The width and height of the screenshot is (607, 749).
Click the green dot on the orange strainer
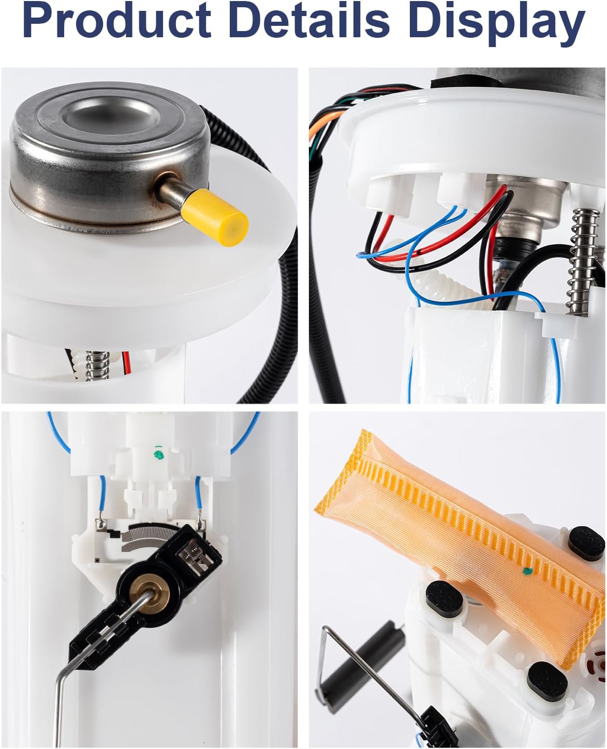click(527, 571)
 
